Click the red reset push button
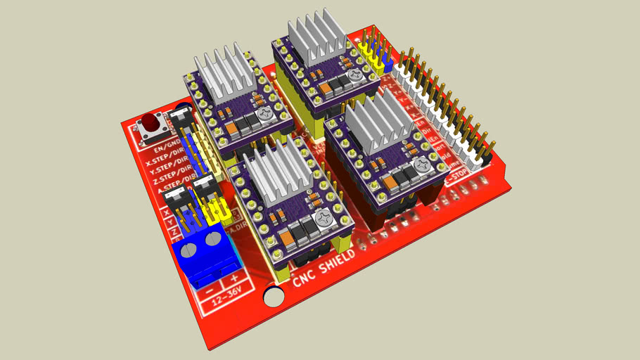[x=150, y=124]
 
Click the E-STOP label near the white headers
[x=461, y=181]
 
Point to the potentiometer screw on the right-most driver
[x=423, y=165]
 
